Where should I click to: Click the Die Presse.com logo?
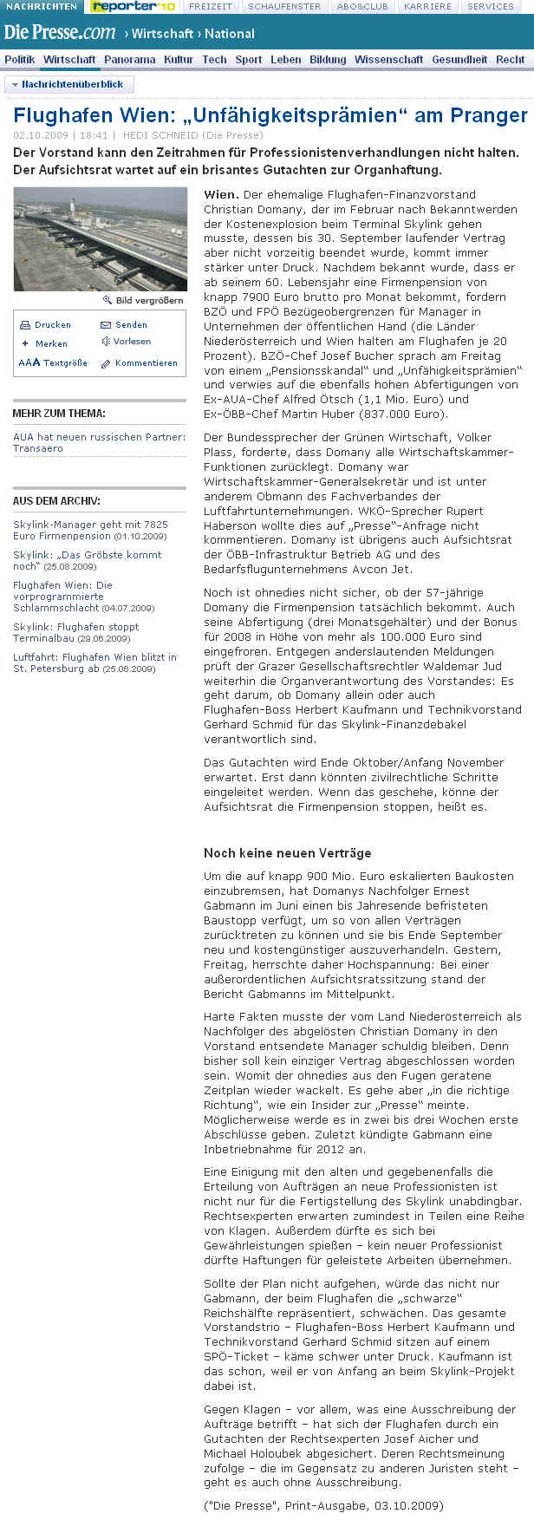tap(59, 33)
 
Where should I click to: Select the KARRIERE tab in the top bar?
tap(427, 6)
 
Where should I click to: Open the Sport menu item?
tap(248, 60)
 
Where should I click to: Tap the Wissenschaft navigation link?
tap(389, 60)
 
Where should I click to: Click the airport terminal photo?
tap(100, 238)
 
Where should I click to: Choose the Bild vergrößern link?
tap(148, 300)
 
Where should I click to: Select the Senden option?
tap(131, 324)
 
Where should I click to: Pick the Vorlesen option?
tap(132, 342)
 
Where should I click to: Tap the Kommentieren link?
tap(146, 363)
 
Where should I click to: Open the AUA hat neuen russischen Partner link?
tap(99, 442)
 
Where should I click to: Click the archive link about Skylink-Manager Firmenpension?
tap(90, 530)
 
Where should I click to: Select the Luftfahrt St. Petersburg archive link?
tap(94, 662)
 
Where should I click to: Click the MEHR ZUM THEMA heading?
tap(59, 414)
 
